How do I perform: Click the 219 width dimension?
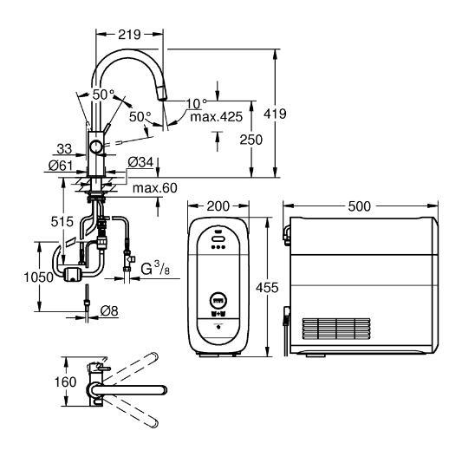coord(129,35)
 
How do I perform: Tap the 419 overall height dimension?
coord(275,114)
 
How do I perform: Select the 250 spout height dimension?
coord(251,140)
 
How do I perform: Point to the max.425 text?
coord(217,117)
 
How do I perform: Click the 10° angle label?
coord(196,104)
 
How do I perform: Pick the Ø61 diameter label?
coord(61,166)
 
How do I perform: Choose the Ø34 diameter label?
coord(140,162)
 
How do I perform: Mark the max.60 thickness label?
coord(155,188)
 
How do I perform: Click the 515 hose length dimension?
coord(62,222)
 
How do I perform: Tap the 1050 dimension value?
coord(38,277)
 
